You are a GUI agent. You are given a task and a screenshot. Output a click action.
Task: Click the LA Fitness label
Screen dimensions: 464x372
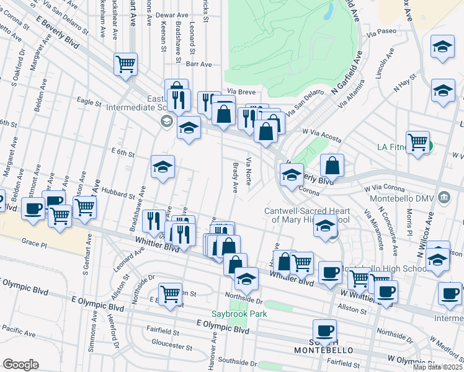pos(399,148)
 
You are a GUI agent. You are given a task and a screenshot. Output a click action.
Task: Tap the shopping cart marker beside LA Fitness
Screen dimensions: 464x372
pos(417,142)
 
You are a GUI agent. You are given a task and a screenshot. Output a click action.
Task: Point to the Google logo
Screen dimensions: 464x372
pos(20,365)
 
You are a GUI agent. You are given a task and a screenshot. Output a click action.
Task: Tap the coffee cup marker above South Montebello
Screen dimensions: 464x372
pos(324,330)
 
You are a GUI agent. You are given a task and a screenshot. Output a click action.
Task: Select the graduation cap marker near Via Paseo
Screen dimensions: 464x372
pos(442,46)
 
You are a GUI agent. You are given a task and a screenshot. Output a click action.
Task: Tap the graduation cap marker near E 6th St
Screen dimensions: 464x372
pos(163,167)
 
